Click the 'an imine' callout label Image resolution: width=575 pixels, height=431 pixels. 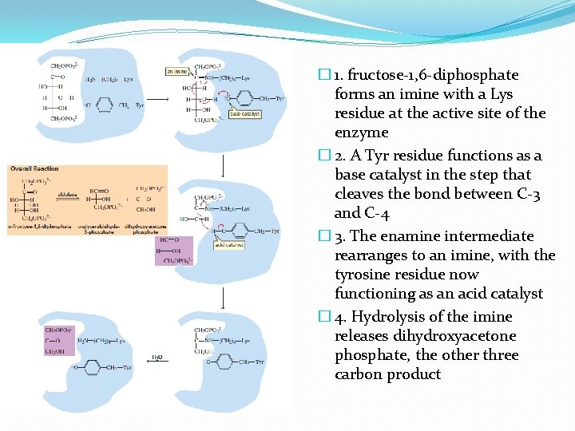[177, 71]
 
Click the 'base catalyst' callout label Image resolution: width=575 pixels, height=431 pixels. [244, 114]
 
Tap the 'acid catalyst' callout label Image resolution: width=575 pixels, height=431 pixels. [228, 245]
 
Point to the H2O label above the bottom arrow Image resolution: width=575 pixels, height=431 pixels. [159, 357]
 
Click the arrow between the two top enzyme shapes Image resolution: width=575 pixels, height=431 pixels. [157, 99]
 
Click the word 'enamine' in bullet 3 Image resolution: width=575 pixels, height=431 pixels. [413, 236]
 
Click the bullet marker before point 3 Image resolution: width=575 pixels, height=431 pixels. [323, 236]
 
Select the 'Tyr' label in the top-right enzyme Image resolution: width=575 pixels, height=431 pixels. [280, 99]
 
